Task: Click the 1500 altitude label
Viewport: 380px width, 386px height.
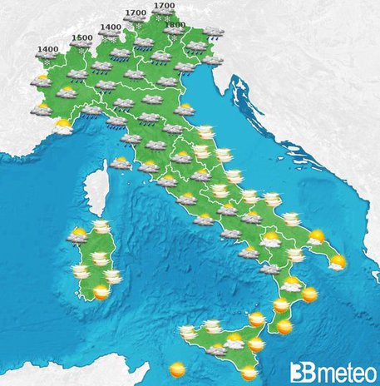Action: (x=81, y=37)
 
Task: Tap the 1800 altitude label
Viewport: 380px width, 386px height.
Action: (x=175, y=26)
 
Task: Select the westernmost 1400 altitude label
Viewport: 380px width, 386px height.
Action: (x=47, y=49)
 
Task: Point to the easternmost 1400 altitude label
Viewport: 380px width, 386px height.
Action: (x=109, y=27)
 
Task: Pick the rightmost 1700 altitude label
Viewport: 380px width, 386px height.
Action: (x=164, y=7)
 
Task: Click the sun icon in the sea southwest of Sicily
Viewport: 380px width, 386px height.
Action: (x=176, y=367)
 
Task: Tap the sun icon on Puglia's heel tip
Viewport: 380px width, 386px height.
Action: (x=338, y=264)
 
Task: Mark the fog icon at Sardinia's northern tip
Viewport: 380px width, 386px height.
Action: (x=101, y=226)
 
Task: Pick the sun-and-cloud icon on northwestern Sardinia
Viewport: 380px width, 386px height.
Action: (x=78, y=237)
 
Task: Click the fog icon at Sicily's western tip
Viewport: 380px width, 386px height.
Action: (x=189, y=331)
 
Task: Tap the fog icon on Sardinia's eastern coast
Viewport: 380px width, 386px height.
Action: (x=111, y=275)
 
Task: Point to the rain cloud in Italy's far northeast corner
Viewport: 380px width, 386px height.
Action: (x=214, y=32)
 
